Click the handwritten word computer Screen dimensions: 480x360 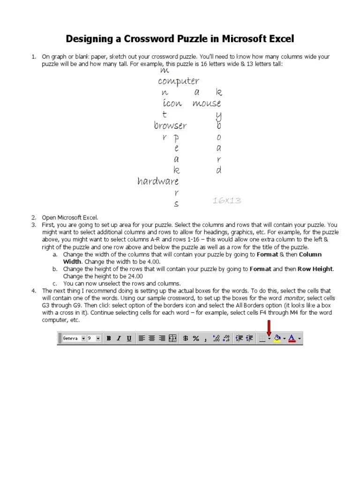[x=179, y=82]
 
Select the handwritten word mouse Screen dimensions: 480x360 [x=207, y=103]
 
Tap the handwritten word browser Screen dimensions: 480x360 [x=170, y=126]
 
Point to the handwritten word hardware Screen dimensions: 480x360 [x=158, y=181]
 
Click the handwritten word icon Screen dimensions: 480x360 [x=172, y=103]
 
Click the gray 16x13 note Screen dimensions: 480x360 [x=227, y=201]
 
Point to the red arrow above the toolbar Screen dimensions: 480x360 [x=269, y=327]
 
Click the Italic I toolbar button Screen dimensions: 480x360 [x=119, y=338]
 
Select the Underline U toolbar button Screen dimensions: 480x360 [x=129, y=338]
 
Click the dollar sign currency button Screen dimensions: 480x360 [x=186, y=338]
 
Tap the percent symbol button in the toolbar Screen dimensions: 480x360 [x=196, y=338]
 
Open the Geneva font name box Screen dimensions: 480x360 [x=72, y=338]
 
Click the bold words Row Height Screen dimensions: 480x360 [x=314, y=269]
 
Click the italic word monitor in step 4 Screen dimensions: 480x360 [x=292, y=298]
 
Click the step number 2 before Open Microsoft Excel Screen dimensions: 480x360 [x=34, y=217]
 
